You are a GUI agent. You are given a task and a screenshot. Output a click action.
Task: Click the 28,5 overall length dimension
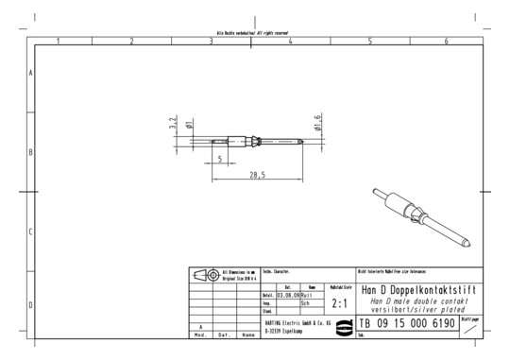[256, 175]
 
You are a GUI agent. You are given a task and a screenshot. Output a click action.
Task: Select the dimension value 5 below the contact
[220, 158]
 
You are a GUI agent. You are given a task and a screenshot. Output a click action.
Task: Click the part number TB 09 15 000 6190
[407, 324]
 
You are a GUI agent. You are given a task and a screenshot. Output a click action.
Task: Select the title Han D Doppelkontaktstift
[418, 289]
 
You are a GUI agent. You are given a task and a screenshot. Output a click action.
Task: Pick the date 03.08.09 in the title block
[287, 295]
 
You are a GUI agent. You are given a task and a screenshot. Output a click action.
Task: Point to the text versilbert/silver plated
[418, 309]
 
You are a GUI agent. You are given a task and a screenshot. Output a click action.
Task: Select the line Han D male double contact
[418, 300]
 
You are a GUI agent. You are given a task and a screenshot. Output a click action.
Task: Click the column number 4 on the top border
[290, 41]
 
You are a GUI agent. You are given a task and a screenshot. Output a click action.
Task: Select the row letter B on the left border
[32, 151]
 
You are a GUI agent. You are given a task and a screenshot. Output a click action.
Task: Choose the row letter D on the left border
[32, 305]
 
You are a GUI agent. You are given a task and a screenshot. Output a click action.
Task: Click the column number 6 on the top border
[445, 41]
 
